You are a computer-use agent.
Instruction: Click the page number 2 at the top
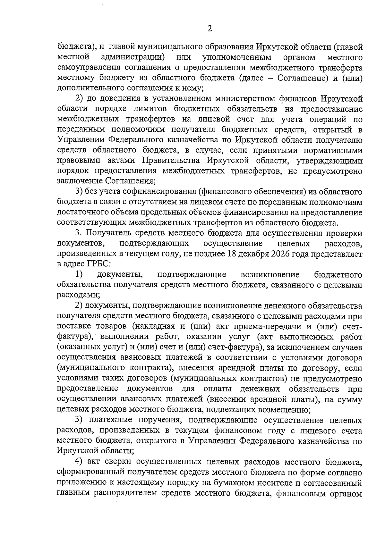tap(210, 29)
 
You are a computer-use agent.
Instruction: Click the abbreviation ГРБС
tap(97, 264)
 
